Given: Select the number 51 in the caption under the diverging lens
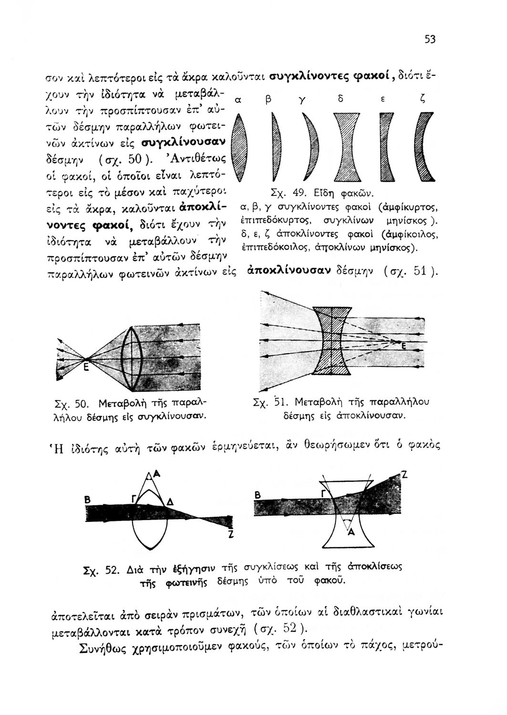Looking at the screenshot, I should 280,402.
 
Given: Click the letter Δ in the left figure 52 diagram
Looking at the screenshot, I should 170,501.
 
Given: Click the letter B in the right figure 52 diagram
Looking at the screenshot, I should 258,496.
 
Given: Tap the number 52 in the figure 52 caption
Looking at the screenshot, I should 113,570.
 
